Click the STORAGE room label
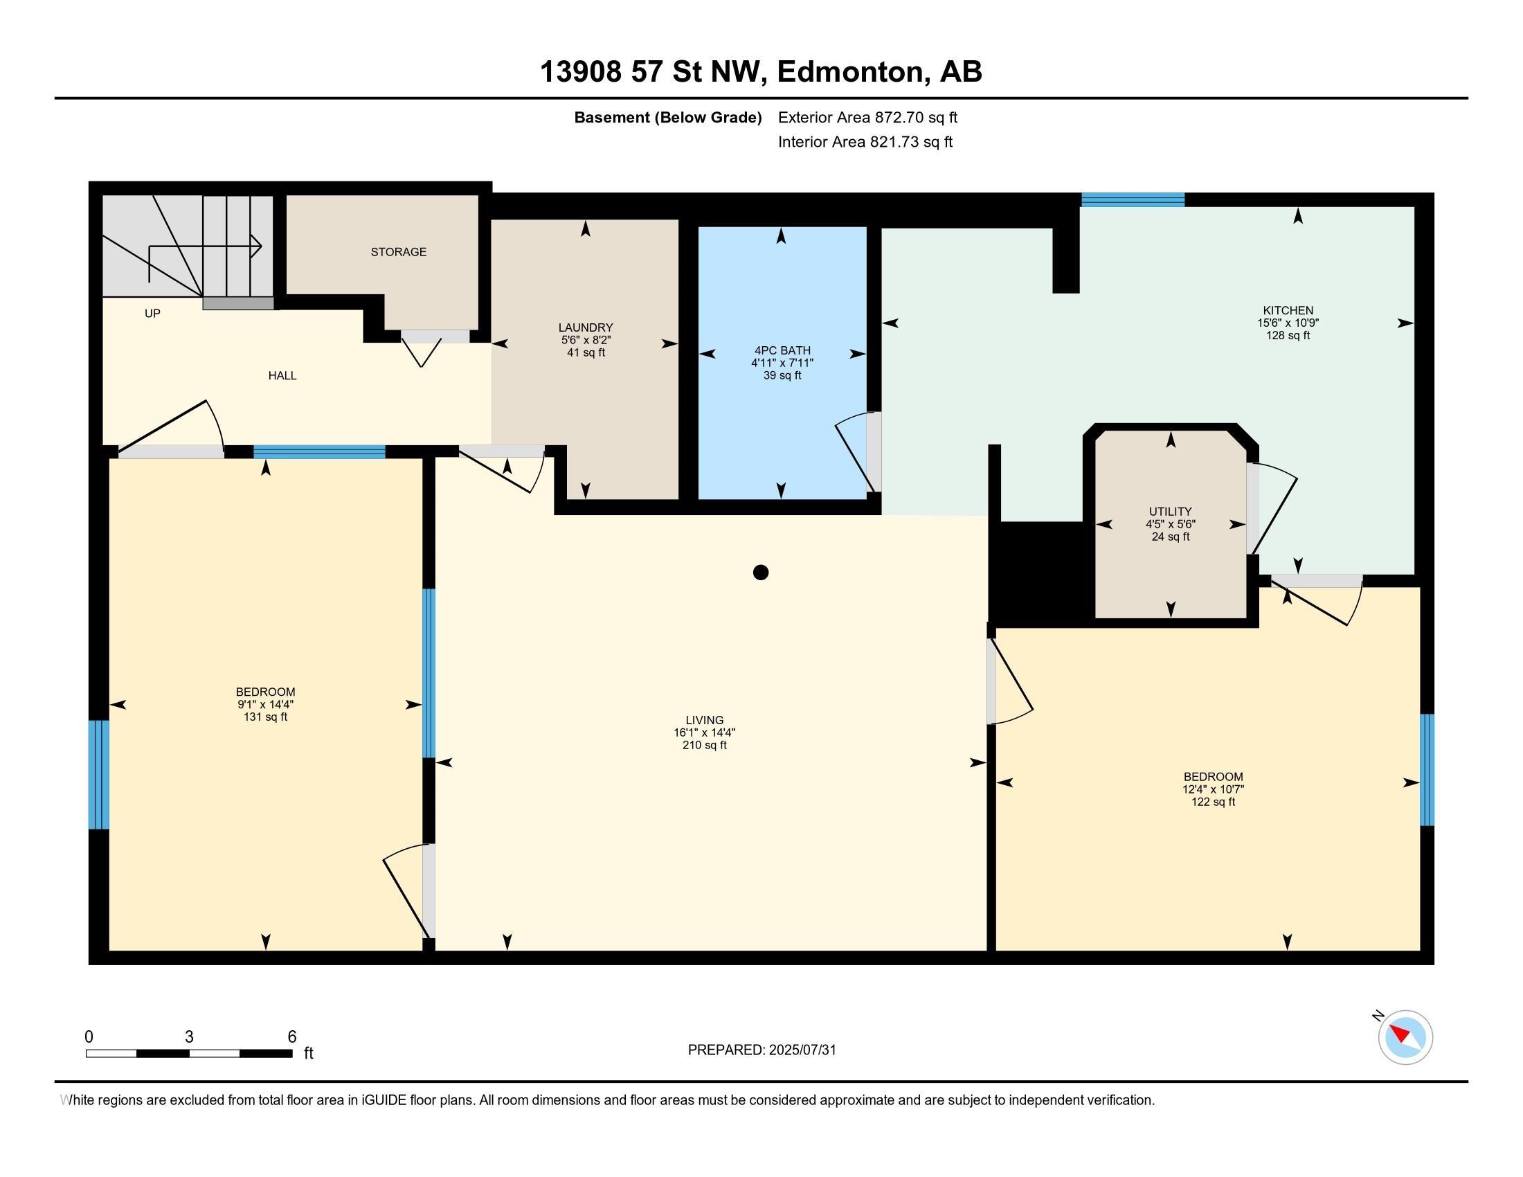click(398, 252)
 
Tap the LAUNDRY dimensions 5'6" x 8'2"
click(586, 340)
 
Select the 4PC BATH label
click(782, 350)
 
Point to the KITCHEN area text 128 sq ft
click(1288, 335)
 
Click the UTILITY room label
click(1170, 511)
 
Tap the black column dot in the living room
click(761, 573)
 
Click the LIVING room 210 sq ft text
click(704, 745)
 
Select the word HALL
click(282, 376)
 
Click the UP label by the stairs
click(152, 314)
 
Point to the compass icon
click(1405, 1037)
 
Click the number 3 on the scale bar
click(189, 1037)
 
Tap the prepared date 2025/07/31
click(802, 1050)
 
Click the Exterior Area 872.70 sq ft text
click(867, 117)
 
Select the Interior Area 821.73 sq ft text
click(865, 142)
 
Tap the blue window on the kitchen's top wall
click(1133, 200)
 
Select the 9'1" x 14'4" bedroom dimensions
click(265, 704)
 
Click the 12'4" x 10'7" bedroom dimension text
click(1213, 789)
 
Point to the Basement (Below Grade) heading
click(667, 117)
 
